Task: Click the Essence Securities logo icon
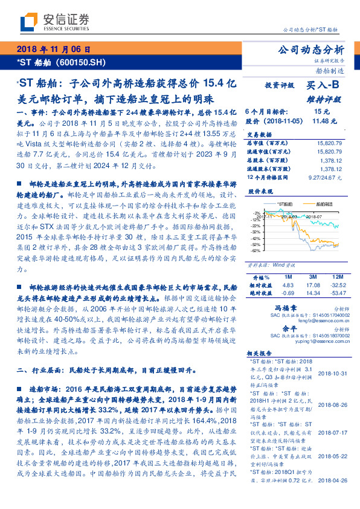point(28,21)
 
